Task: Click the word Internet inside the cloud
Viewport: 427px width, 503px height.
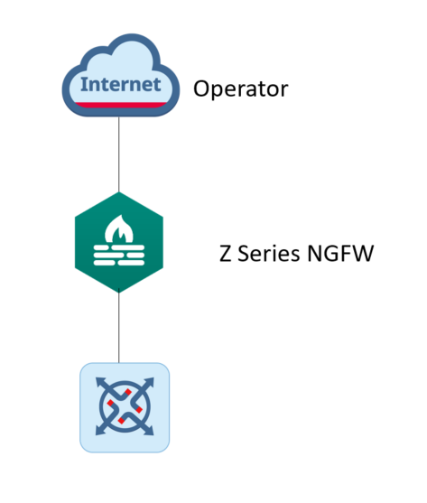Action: coord(121,84)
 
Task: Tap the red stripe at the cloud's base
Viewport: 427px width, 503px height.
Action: coord(121,105)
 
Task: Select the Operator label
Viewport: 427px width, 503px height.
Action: coord(241,89)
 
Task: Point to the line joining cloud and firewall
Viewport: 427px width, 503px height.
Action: coord(119,154)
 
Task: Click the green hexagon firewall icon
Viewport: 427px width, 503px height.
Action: coord(119,242)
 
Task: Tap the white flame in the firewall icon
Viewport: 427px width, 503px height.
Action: coord(119,228)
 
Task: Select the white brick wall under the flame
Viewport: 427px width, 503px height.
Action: coord(119,256)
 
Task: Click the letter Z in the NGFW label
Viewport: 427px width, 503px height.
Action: coord(226,254)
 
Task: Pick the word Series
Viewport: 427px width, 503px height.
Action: coord(269,254)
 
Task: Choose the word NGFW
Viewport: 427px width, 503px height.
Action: coord(340,254)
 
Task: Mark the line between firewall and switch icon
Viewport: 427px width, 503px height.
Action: coord(119,326)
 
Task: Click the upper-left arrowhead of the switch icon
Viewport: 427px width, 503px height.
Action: coord(100,382)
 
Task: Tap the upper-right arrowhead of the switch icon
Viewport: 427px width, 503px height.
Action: coord(149,382)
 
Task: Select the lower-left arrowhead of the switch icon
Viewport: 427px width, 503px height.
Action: coord(100,431)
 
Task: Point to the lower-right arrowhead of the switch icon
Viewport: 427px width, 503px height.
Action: coord(149,431)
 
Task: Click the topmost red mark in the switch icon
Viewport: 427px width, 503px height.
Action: coord(128,392)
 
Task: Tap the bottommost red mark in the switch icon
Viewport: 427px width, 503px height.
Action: coord(121,420)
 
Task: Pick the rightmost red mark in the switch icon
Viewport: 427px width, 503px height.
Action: coord(139,410)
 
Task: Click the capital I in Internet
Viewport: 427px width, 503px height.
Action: coord(84,85)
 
